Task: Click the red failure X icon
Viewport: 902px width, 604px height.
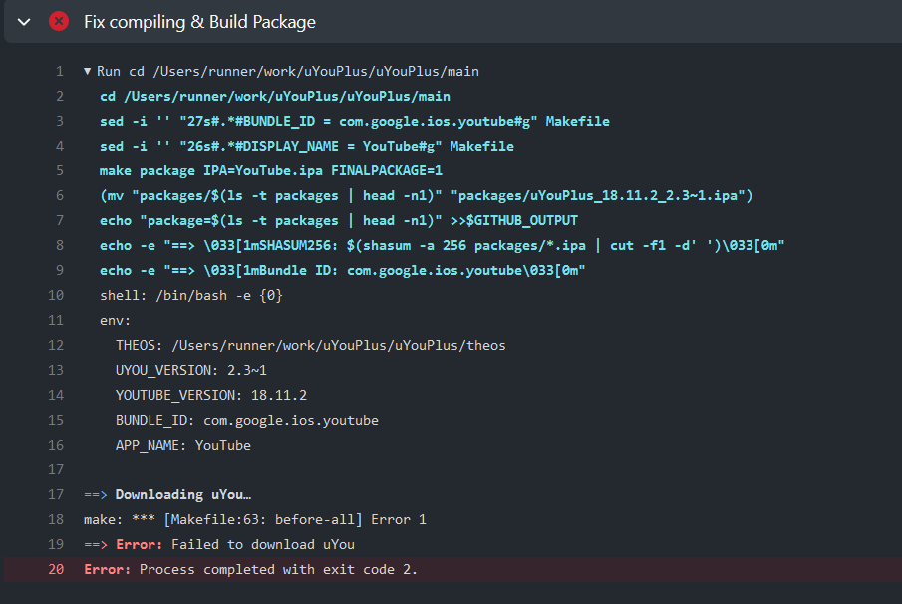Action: (59, 21)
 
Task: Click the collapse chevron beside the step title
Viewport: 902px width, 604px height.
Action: (24, 21)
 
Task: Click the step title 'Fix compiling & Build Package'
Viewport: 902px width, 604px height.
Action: (199, 21)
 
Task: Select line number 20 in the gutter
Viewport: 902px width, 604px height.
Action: (56, 570)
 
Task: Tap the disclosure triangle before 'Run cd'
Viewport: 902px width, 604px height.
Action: (88, 72)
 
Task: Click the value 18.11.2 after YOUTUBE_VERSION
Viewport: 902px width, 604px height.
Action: (279, 396)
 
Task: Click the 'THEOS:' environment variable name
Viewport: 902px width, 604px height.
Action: (140, 346)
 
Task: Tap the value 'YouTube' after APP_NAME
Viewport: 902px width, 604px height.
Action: (223, 446)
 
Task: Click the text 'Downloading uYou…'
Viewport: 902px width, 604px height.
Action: (183, 495)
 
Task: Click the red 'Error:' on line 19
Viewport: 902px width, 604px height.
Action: (140, 545)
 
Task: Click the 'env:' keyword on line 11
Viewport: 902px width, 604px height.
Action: (116, 321)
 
